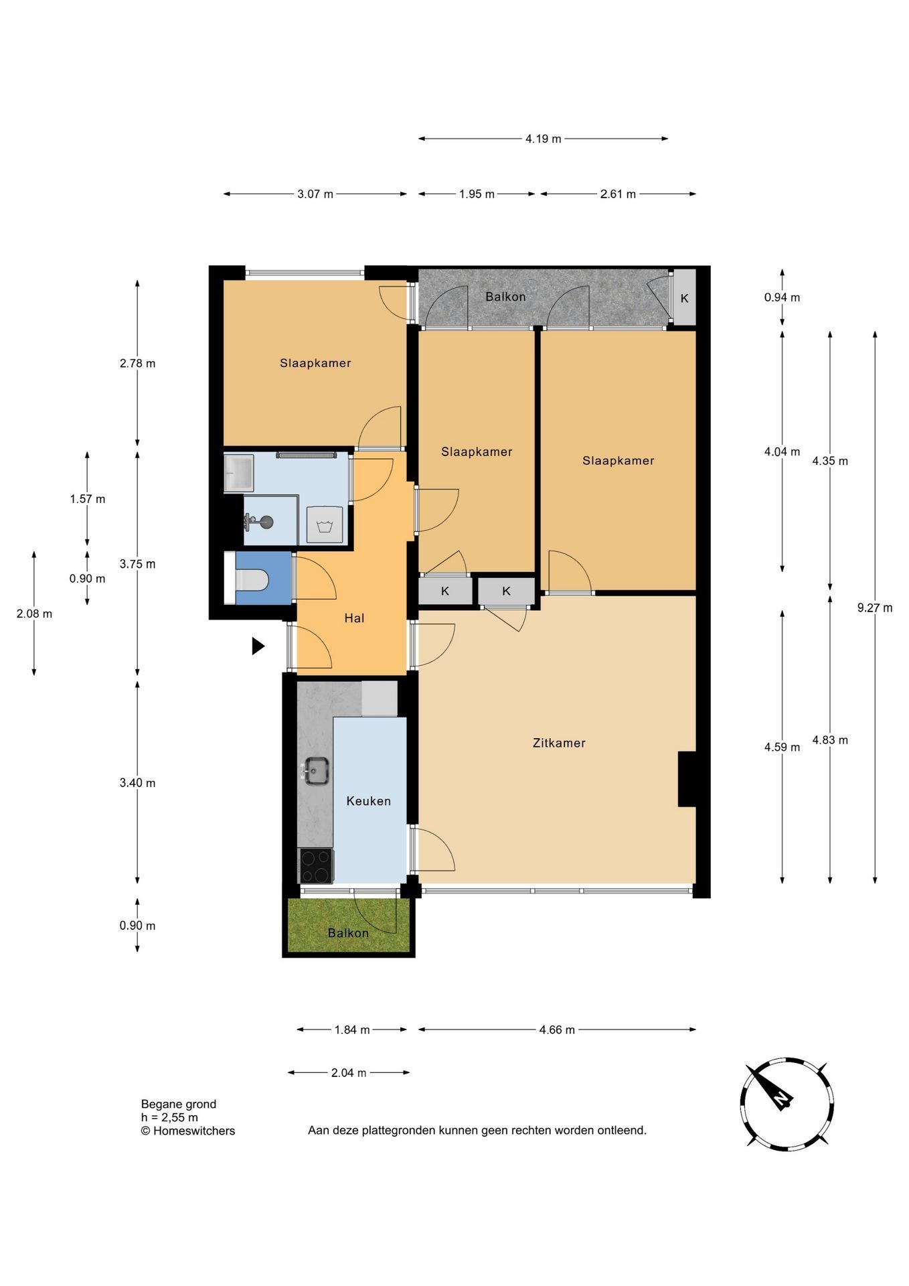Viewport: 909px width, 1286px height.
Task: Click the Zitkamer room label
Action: pyautogui.click(x=559, y=743)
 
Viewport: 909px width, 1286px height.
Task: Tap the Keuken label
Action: pyautogui.click(x=368, y=801)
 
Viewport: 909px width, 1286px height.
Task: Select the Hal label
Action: pyautogui.click(x=354, y=618)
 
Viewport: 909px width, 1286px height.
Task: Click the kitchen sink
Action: pyautogui.click(x=316, y=771)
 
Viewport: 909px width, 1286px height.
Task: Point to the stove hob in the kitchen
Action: pyautogui.click(x=316, y=866)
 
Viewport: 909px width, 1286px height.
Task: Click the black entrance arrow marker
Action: pyautogui.click(x=258, y=646)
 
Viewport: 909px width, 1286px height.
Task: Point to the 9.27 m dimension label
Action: pyautogui.click(x=875, y=608)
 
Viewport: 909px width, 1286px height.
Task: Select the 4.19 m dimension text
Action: pyautogui.click(x=544, y=139)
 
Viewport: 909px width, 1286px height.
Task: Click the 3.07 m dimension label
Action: pyautogui.click(x=315, y=194)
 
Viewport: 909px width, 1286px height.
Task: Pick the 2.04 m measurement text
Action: pyautogui.click(x=349, y=1072)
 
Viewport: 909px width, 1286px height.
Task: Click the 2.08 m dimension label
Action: pyautogui.click(x=34, y=614)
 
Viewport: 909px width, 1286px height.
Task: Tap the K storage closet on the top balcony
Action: pyautogui.click(x=684, y=298)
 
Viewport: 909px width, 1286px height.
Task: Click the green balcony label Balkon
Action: pyautogui.click(x=348, y=933)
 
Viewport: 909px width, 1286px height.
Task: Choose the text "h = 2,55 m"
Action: pyautogui.click(x=169, y=1117)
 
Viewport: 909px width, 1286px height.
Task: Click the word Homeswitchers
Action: pyautogui.click(x=194, y=1131)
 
